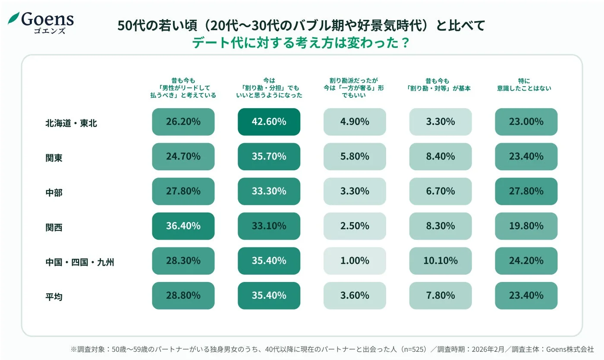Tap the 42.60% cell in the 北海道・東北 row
269,122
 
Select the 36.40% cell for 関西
183,226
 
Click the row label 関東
54,158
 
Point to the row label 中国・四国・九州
80,262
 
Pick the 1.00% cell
355,261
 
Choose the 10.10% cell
440,261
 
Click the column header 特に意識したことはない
526,85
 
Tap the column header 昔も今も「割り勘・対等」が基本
440,85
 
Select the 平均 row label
54,297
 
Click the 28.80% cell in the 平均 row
183,296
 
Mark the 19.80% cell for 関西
526,226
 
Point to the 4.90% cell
355,122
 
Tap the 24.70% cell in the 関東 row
183,157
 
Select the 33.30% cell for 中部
269,191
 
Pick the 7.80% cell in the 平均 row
440,296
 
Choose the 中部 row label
54,193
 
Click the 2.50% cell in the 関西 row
355,226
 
